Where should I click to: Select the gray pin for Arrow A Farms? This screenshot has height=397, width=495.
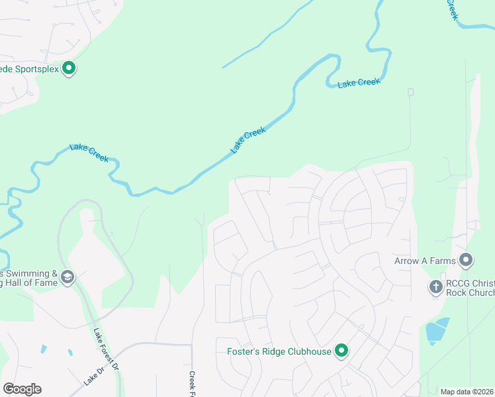point(466,260)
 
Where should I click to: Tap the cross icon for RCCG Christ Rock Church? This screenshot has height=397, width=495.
point(435,287)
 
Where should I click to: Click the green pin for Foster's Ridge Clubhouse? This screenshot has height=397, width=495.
point(341,351)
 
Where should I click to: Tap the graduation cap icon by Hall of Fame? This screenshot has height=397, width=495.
point(67,277)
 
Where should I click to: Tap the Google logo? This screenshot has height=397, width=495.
point(22,389)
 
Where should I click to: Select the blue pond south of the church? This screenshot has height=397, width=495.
point(436,331)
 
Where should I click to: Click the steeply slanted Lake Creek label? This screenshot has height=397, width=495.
point(248,140)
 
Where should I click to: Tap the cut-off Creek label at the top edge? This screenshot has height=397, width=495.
point(452,9)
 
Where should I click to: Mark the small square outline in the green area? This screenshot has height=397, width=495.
point(411,92)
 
